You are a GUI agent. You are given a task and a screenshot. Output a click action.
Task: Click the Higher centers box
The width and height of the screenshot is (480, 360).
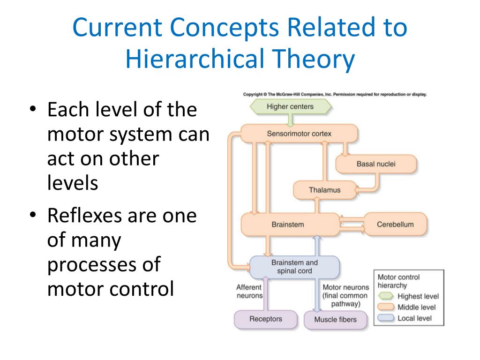pyautogui.click(x=290, y=106)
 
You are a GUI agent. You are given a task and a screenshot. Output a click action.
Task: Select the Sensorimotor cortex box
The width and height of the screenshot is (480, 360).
pyautogui.click(x=299, y=134)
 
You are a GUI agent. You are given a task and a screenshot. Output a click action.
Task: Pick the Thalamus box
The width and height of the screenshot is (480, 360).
pyautogui.click(x=324, y=190)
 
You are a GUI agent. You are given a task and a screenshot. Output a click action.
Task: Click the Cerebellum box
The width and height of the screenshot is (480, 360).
pyautogui.click(x=395, y=224)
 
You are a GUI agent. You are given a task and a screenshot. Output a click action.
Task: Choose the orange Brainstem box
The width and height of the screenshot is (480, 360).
pyautogui.click(x=289, y=224)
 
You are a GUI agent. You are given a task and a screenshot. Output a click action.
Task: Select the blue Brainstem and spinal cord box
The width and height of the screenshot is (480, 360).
pyautogui.click(x=294, y=267)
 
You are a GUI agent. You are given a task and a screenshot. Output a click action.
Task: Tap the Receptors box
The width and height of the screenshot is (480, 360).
pyautogui.click(x=266, y=319)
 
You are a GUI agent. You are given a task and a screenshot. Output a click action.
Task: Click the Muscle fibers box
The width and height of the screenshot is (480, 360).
pyautogui.click(x=335, y=320)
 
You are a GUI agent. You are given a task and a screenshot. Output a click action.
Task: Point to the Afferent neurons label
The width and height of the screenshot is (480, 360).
pyautogui.click(x=249, y=292)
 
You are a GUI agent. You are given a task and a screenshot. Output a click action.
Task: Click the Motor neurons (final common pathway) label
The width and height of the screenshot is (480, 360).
pyautogui.click(x=345, y=295)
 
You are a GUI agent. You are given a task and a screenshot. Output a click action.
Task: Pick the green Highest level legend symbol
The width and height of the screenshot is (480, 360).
pyautogui.click(x=386, y=296)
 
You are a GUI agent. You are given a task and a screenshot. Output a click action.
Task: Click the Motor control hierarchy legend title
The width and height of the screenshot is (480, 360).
pyautogui.click(x=398, y=281)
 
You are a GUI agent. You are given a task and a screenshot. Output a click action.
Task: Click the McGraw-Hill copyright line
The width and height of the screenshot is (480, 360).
pyautogui.click(x=335, y=94)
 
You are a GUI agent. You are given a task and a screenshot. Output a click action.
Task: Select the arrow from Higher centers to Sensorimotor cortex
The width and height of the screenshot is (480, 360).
pyautogui.click(x=291, y=120)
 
